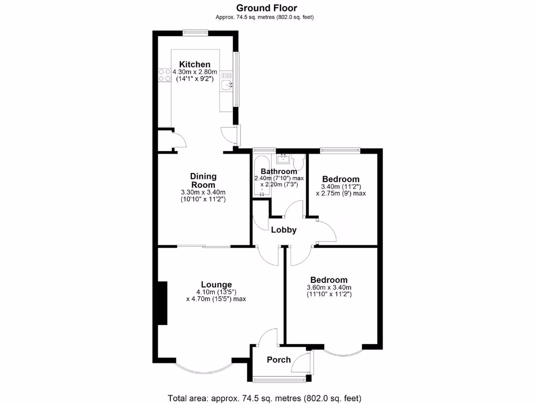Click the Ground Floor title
(x=266, y=8)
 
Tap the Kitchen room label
(x=194, y=64)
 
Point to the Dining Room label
(x=203, y=180)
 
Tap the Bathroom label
(x=279, y=171)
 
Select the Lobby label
(x=284, y=230)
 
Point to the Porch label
(x=278, y=360)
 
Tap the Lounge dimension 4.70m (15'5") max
(x=216, y=299)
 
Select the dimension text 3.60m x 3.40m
(x=329, y=287)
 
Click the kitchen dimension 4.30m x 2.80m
(x=195, y=72)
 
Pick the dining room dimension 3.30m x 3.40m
(x=203, y=192)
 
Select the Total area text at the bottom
(x=264, y=398)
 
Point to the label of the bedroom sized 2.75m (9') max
(x=340, y=179)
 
